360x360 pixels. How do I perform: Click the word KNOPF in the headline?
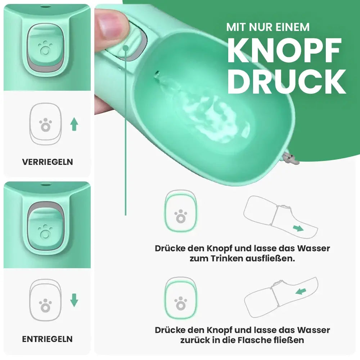pyautogui.click(x=284, y=50)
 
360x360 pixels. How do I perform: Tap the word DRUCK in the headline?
pyautogui.click(x=286, y=82)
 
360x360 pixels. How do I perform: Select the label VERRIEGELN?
pyautogui.click(x=48, y=162)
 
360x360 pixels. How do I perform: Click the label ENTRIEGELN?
pyautogui.click(x=48, y=339)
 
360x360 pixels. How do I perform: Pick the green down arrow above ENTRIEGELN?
pyautogui.click(x=74, y=300)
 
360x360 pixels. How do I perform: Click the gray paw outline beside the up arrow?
pyautogui.click(x=45, y=125)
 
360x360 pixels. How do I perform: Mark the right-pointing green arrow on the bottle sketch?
pyautogui.click(x=298, y=228)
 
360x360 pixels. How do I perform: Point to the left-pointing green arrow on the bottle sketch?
pyautogui.click(x=301, y=291)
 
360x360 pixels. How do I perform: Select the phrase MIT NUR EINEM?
pyautogui.click(x=268, y=27)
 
